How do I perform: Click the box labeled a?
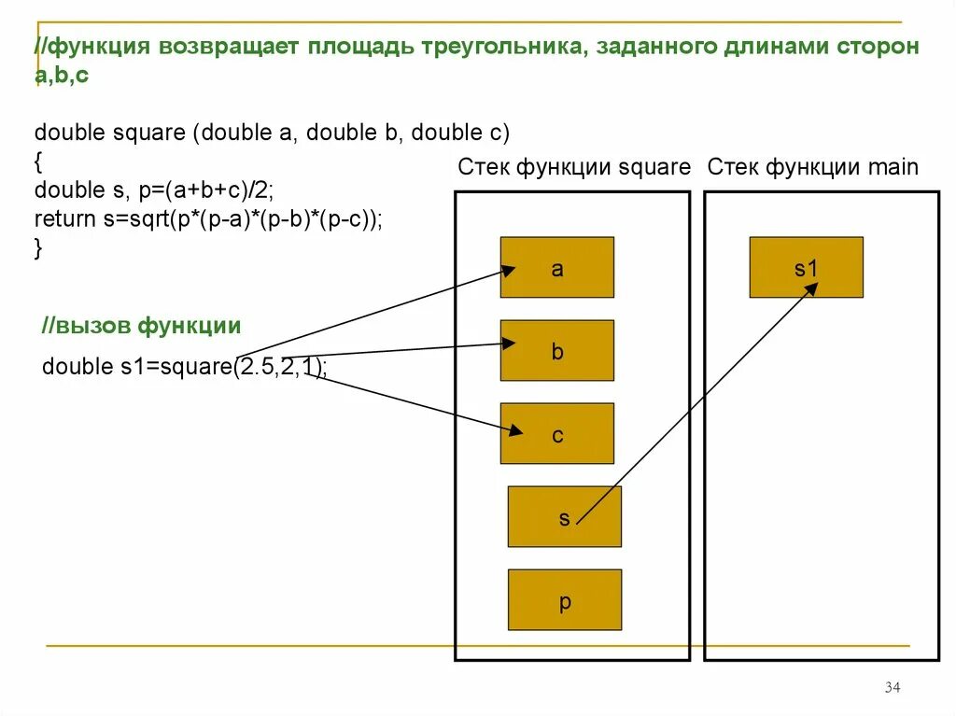tap(556, 267)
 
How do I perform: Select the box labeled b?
tap(556, 350)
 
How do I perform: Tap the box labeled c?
tap(556, 433)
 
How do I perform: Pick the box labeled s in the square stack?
tap(564, 516)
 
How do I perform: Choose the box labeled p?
tap(564, 599)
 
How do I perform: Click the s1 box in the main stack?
tap(806, 267)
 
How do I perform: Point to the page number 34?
tap(892, 688)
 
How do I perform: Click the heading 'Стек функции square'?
tap(573, 168)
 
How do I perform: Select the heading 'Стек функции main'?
tap(813, 168)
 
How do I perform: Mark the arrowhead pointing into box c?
tap(516, 430)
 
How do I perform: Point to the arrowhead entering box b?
tap(509, 344)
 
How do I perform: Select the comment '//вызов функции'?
tap(141, 326)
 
